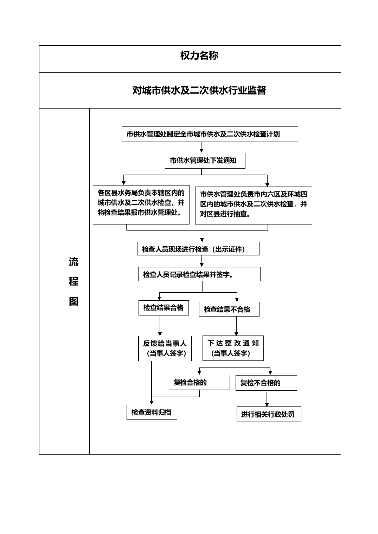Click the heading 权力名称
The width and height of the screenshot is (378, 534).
click(199, 56)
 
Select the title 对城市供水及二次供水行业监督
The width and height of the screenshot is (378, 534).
click(199, 90)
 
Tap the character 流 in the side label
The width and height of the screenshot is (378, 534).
click(73, 262)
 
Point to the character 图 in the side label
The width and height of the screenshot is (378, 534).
click(73, 301)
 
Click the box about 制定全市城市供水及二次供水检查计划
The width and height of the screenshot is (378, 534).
click(210, 134)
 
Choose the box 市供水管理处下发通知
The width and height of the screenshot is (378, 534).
click(205, 161)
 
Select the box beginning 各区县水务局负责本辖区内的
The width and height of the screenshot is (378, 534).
click(141, 204)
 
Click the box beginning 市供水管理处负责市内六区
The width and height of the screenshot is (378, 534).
click(254, 206)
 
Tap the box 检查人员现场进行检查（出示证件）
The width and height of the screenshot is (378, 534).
click(198, 249)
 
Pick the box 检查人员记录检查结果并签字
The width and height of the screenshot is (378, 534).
click(199, 274)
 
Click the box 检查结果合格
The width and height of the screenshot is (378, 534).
click(164, 308)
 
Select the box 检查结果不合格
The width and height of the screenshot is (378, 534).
click(229, 309)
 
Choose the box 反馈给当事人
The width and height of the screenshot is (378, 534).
click(165, 348)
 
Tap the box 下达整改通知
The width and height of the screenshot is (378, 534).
click(233, 348)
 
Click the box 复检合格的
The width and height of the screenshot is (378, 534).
click(199, 382)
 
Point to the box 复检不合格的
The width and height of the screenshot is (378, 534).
click(266, 383)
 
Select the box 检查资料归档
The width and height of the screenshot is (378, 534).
click(152, 412)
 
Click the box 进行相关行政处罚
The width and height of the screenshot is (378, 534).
click(269, 414)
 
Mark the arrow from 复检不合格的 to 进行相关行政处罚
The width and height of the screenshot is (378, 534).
click(267, 399)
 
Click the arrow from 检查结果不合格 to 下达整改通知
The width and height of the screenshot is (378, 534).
click(236, 326)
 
